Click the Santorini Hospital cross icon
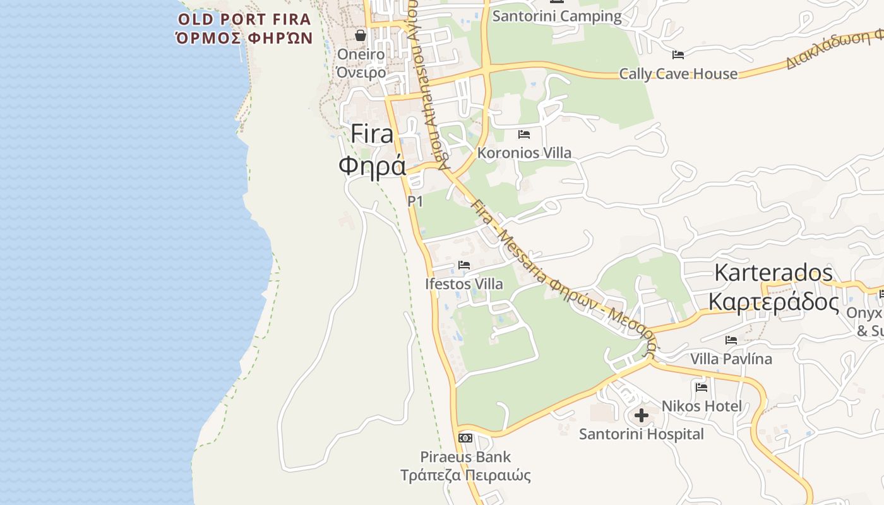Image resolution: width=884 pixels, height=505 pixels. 642,415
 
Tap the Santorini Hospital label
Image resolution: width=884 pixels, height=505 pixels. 641,434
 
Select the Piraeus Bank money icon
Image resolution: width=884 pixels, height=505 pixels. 465,438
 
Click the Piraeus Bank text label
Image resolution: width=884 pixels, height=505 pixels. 465,456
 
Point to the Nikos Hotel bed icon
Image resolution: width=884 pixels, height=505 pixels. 701,387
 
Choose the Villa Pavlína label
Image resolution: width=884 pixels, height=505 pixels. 731,359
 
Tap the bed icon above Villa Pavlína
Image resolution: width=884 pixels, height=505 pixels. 731,340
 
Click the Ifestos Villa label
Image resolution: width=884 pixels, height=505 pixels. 464,284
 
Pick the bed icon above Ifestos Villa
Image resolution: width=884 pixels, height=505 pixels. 464,265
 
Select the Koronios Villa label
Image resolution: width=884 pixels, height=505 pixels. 524,153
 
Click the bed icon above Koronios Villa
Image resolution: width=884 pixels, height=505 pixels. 523,134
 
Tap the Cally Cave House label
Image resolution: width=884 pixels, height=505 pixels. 678,74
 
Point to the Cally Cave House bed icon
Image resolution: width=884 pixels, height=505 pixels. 678,55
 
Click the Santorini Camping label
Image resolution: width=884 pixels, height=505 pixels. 556,16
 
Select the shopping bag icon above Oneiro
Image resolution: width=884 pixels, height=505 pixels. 361,35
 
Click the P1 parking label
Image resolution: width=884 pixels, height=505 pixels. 415,201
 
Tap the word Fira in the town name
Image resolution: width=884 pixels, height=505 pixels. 372,134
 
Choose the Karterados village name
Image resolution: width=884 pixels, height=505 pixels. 773,273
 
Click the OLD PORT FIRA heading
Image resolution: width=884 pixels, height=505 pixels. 244,19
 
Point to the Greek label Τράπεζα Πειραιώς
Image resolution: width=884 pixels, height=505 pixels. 465,475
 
